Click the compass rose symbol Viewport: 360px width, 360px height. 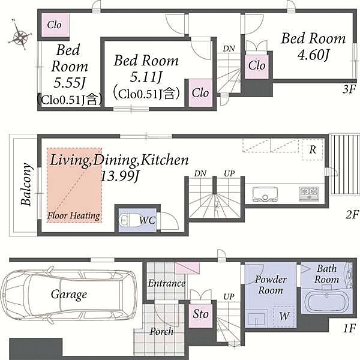(x=20, y=35)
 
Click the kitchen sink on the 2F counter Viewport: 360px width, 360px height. (x=265, y=194)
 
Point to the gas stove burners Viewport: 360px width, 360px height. (x=309, y=194)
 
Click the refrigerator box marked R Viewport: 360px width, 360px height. (x=313, y=149)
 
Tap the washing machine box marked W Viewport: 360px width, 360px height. (x=284, y=316)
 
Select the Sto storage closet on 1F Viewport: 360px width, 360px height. (x=200, y=316)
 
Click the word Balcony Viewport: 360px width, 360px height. (x=26, y=184)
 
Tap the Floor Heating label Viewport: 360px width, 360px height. (x=74, y=216)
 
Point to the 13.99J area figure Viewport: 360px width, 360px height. (x=119, y=176)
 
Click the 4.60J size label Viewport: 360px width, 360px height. (x=313, y=55)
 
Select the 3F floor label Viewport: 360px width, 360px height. (x=349, y=89)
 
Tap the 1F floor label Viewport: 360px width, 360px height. (x=349, y=328)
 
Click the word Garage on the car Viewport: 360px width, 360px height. (x=69, y=295)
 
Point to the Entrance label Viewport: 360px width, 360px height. (x=167, y=283)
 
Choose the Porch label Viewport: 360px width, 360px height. (x=161, y=332)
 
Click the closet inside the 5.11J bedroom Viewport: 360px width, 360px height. (x=200, y=93)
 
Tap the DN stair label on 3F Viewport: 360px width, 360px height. (x=229, y=49)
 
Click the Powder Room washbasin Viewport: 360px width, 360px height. (x=256, y=319)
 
